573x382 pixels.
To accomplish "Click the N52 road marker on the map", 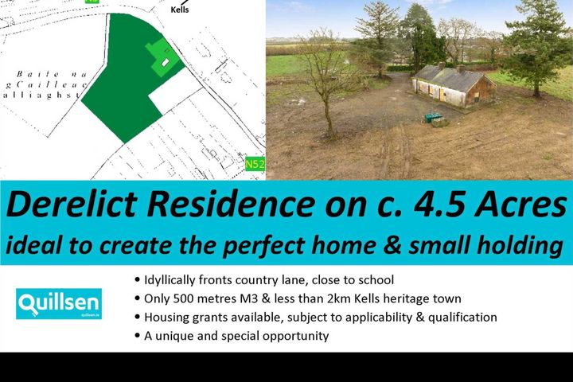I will point(255,165).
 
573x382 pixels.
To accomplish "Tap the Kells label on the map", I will point(180,10).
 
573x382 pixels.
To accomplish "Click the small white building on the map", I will point(166,61).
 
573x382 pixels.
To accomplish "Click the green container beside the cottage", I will point(435,117).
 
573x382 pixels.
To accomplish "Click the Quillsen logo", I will point(58,304).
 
